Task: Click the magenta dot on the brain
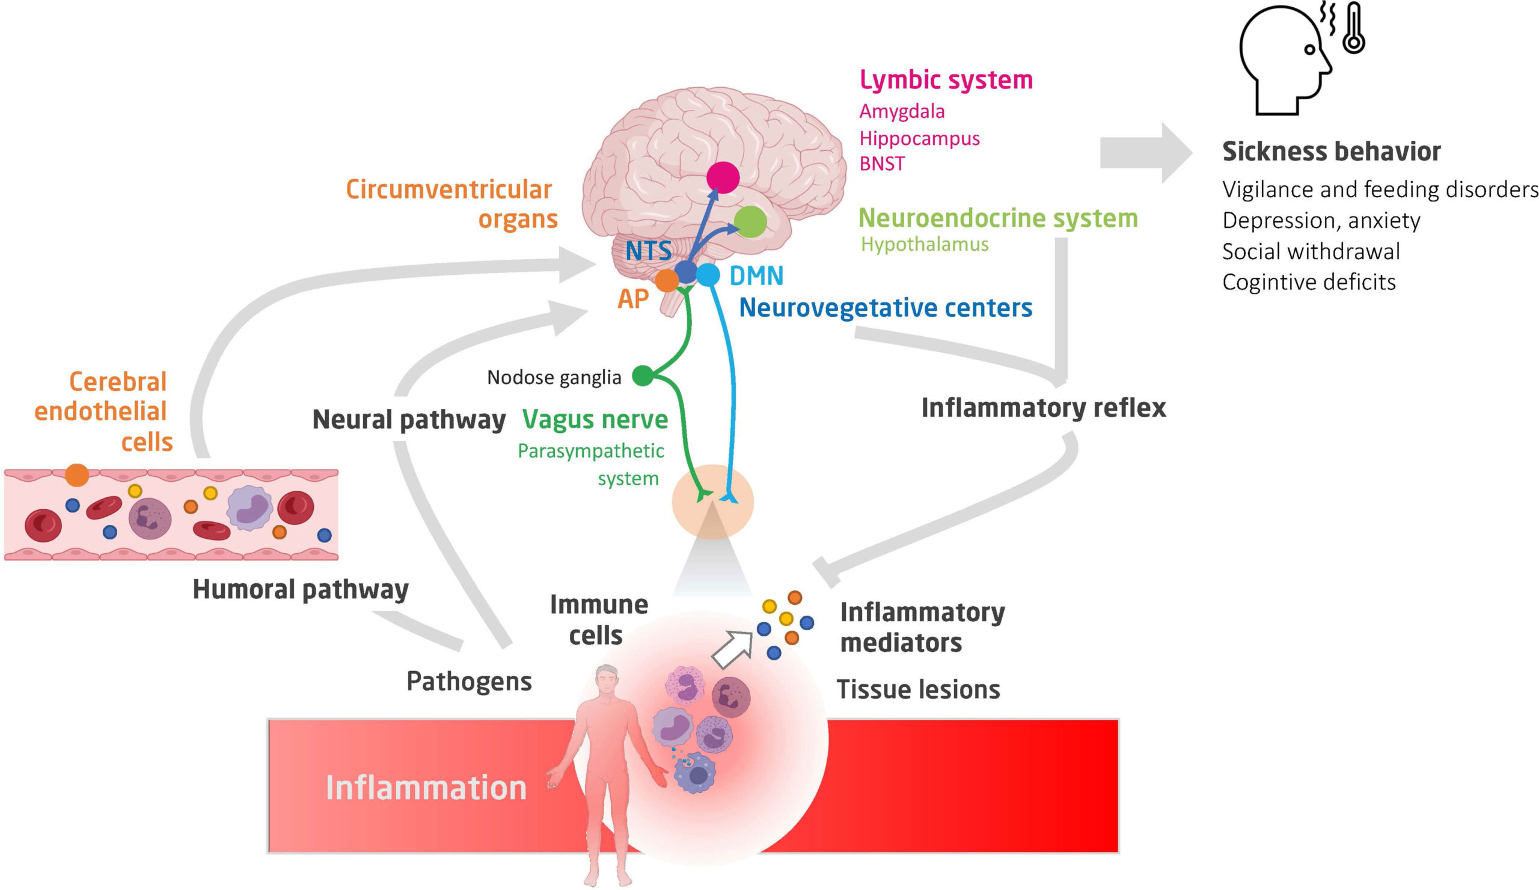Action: [x=723, y=177]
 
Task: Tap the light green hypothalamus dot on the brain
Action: [x=750, y=222]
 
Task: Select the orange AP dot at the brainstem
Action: [x=667, y=280]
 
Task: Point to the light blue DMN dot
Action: [x=708, y=275]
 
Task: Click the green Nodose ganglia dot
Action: [x=643, y=376]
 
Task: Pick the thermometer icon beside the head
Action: [x=1354, y=29]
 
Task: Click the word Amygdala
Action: [x=902, y=111]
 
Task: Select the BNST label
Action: [x=882, y=164]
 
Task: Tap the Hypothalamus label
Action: [x=925, y=244]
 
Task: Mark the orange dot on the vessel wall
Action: [x=77, y=474]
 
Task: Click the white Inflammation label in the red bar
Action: [x=426, y=787]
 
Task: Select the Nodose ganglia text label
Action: [x=554, y=378]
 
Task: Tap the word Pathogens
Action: [x=469, y=681]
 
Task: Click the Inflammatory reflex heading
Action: [x=1043, y=408]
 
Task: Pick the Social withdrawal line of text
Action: [x=1311, y=251]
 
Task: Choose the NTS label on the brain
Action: [x=648, y=251]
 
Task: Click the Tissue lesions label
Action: [x=918, y=689]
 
